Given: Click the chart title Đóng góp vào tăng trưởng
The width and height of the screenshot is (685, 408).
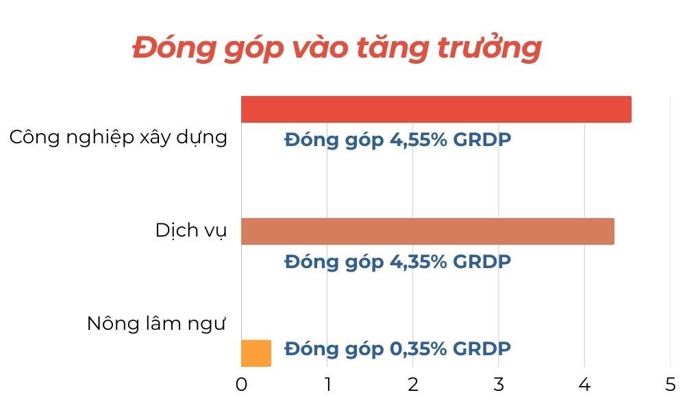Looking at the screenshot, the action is tap(337, 48).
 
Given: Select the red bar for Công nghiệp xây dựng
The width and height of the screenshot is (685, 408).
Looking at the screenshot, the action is tap(436, 109).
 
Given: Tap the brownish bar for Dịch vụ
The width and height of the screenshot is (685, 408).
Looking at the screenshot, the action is tap(427, 231).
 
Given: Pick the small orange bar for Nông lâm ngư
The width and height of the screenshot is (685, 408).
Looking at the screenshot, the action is tap(256, 353).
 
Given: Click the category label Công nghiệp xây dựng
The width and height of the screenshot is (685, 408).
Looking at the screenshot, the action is tap(119, 137).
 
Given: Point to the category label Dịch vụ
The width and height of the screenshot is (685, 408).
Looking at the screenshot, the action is tap(191, 230).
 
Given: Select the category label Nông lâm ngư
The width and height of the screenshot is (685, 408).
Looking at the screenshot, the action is tap(156, 324).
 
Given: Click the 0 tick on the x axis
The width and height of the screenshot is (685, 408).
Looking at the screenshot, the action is tap(241, 385).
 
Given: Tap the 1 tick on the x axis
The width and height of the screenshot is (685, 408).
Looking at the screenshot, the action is tap(327, 385).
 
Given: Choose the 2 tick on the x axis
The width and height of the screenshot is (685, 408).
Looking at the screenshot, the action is tap(413, 385).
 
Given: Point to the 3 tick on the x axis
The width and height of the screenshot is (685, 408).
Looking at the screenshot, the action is tap(499, 385).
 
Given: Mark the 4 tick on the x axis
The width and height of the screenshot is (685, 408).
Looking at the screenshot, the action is tap(584, 385).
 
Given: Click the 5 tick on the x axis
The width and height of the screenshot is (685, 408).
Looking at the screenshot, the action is tap(671, 385).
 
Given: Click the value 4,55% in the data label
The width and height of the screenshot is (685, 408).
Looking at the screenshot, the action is tap(418, 140).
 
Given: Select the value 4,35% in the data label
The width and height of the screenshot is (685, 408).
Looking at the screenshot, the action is tap(418, 262).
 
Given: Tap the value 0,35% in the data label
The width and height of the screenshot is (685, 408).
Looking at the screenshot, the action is tap(418, 349).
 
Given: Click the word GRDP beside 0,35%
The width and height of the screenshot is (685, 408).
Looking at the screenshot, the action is tap(482, 349).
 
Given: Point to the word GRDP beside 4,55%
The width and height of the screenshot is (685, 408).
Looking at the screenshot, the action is tap(482, 140).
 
